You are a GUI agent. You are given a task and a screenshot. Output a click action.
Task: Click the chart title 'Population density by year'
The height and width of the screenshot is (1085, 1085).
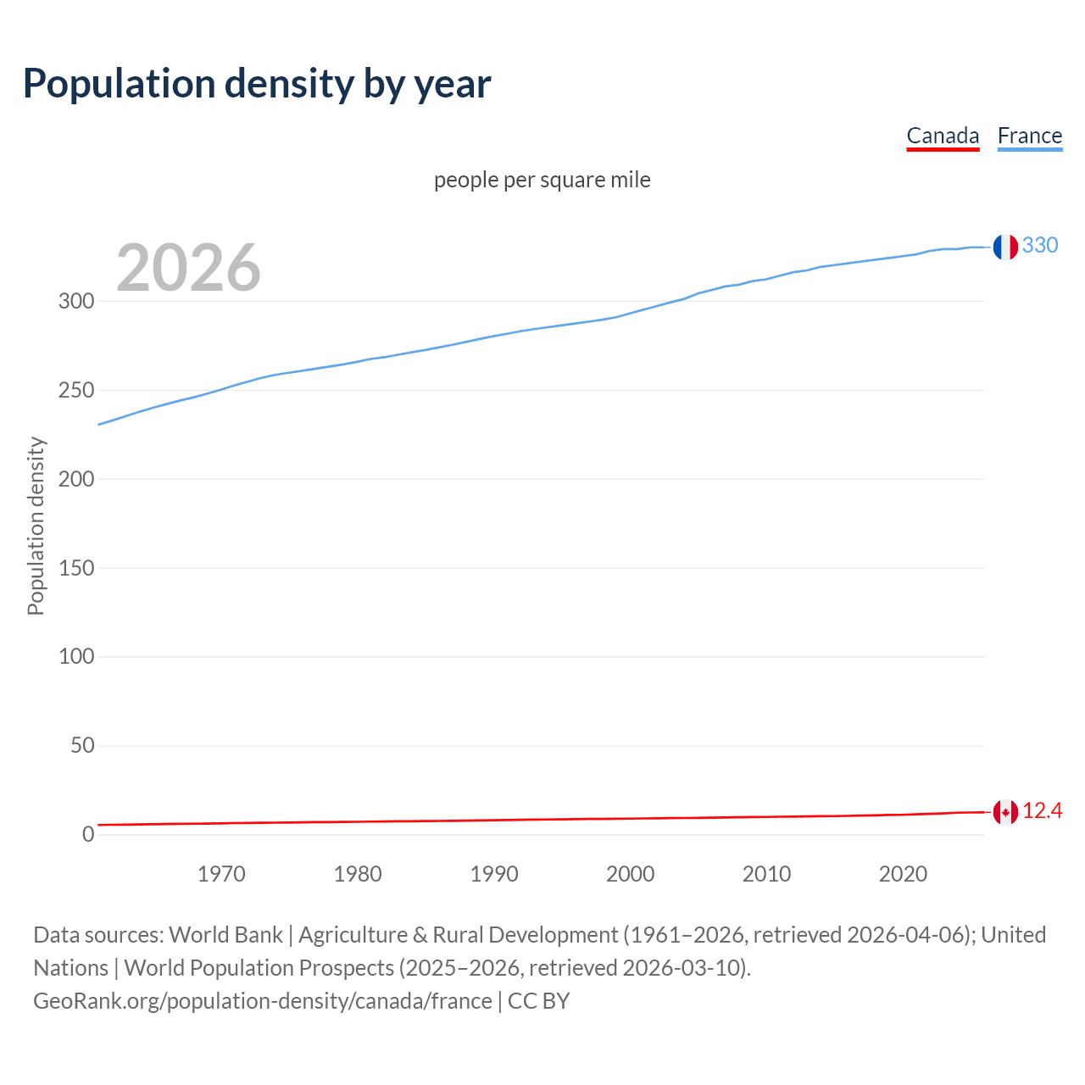point(257,83)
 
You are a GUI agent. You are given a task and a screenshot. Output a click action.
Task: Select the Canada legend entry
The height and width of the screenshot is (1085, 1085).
point(943,136)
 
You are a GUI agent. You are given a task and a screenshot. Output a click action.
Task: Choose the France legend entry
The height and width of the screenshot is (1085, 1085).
point(1029,136)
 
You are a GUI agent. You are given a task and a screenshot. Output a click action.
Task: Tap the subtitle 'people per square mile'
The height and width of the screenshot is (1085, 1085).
point(542,180)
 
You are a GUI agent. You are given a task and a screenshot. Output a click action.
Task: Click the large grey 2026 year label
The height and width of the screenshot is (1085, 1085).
point(188,268)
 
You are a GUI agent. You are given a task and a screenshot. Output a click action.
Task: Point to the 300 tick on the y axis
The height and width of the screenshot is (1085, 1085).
point(76,301)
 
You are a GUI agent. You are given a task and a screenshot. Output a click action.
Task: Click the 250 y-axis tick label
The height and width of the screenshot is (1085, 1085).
point(76,390)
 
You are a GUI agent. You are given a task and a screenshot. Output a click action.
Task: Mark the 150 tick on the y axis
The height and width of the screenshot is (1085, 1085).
point(76,568)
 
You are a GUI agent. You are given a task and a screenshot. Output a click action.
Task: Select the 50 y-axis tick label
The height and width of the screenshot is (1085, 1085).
point(82,745)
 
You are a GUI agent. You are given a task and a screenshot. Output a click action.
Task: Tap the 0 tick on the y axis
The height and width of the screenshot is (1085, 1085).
point(88,834)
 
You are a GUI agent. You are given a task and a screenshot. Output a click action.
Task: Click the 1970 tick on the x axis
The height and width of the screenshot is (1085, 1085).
point(221,874)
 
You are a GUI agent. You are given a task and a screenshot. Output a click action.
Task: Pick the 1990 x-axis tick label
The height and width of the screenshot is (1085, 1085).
point(494,874)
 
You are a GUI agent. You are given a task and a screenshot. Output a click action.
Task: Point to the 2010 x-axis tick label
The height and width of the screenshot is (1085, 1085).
point(766,874)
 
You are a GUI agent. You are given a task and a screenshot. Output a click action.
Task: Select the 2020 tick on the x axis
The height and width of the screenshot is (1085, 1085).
point(903,874)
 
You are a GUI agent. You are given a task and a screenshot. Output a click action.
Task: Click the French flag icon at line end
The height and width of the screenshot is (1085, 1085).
point(1005,247)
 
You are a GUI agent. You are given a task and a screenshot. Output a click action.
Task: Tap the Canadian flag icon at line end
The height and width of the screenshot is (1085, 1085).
point(1005,812)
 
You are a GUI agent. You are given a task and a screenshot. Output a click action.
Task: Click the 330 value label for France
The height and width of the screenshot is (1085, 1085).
point(1040,245)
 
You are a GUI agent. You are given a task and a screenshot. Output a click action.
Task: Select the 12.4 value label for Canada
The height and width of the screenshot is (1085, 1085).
point(1042,811)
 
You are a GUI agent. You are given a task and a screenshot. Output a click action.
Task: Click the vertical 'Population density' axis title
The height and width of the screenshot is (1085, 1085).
point(36,526)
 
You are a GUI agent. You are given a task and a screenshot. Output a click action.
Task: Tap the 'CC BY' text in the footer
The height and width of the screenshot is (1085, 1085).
point(538,1000)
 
